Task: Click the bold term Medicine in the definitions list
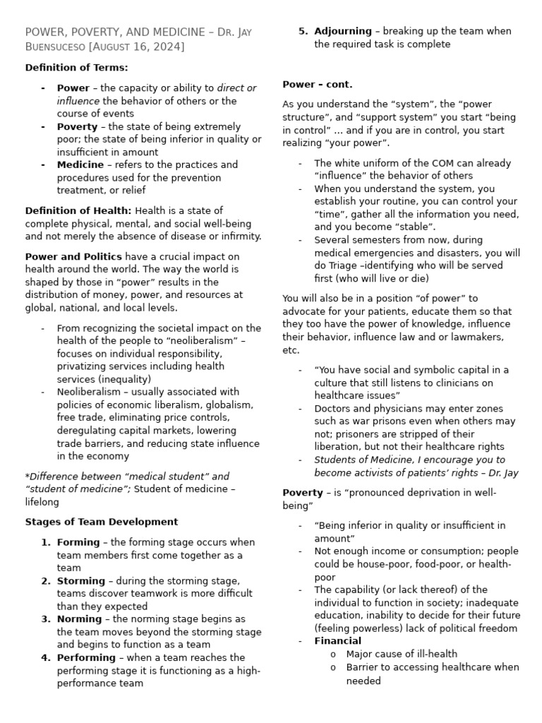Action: (x=80, y=165)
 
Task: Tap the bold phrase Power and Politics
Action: (x=73, y=256)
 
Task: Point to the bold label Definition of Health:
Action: (x=78, y=210)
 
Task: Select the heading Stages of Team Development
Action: (x=102, y=522)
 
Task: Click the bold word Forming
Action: (x=78, y=542)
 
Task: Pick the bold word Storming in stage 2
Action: (x=81, y=580)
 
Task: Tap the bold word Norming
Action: (x=80, y=619)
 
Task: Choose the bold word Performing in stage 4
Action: (x=86, y=657)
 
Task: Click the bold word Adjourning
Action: (x=343, y=31)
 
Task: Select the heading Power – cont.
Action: (x=318, y=84)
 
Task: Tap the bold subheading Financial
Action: (x=337, y=641)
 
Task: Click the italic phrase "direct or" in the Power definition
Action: (x=236, y=88)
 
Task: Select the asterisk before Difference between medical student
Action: (x=27, y=477)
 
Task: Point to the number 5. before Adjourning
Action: (x=303, y=31)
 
